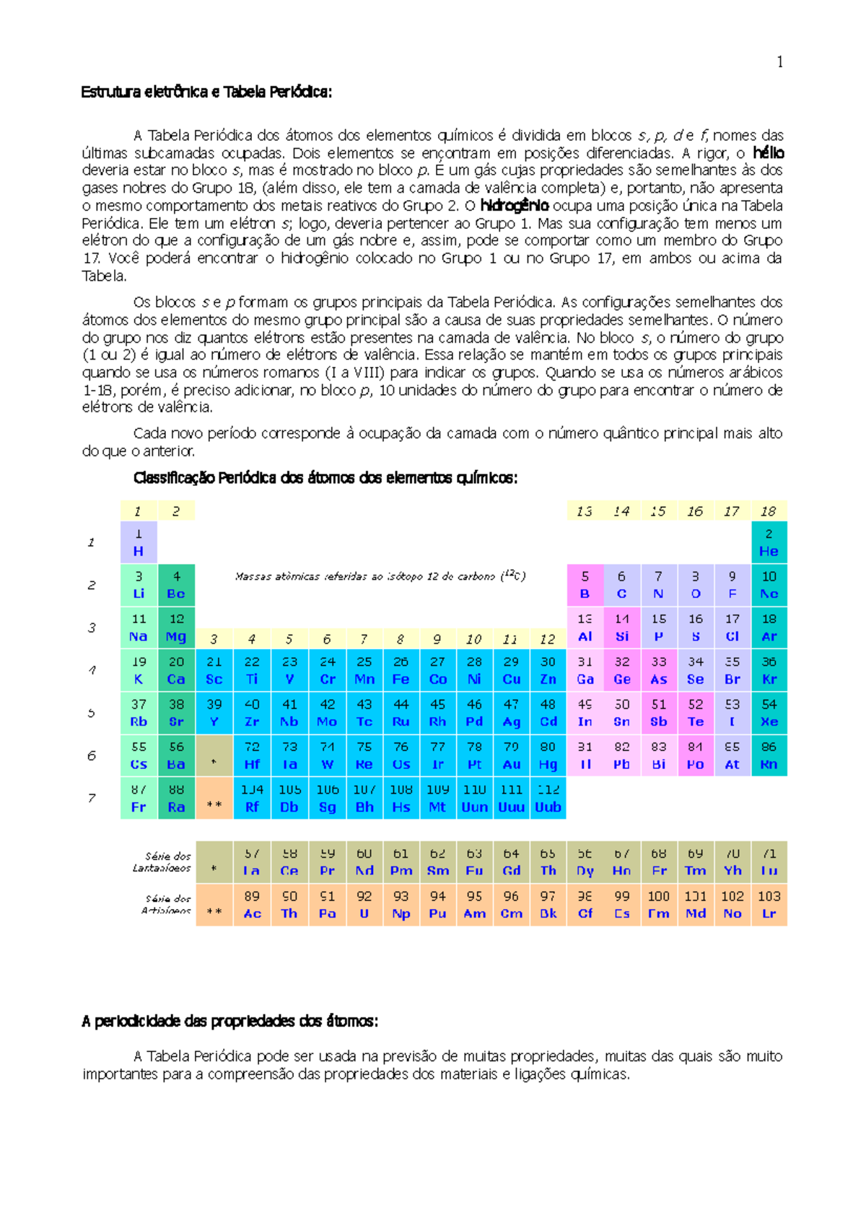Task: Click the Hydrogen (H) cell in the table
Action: [x=139, y=542]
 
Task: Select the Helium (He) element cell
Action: [x=769, y=542]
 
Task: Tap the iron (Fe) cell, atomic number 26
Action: [x=401, y=670]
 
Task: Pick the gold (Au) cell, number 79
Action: [x=512, y=755]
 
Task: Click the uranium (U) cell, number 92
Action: [x=364, y=905]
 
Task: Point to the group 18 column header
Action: [x=769, y=511]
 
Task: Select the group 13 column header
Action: [x=585, y=511]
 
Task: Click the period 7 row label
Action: [x=92, y=798]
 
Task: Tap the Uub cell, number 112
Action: [x=548, y=798]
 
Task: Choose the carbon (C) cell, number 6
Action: [x=621, y=585]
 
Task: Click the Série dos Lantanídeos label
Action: [x=163, y=862]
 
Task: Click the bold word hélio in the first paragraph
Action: [x=768, y=153]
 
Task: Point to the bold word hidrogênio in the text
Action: [x=515, y=206]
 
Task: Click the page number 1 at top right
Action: [x=779, y=63]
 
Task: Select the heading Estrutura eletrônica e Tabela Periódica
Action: [x=206, y=92]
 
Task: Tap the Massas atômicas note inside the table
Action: [x=380, y=576]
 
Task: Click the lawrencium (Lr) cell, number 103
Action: [x=769, y=905]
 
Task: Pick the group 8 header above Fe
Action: [x=401, y=639]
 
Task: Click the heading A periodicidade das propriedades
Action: [x=230, y=1021]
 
